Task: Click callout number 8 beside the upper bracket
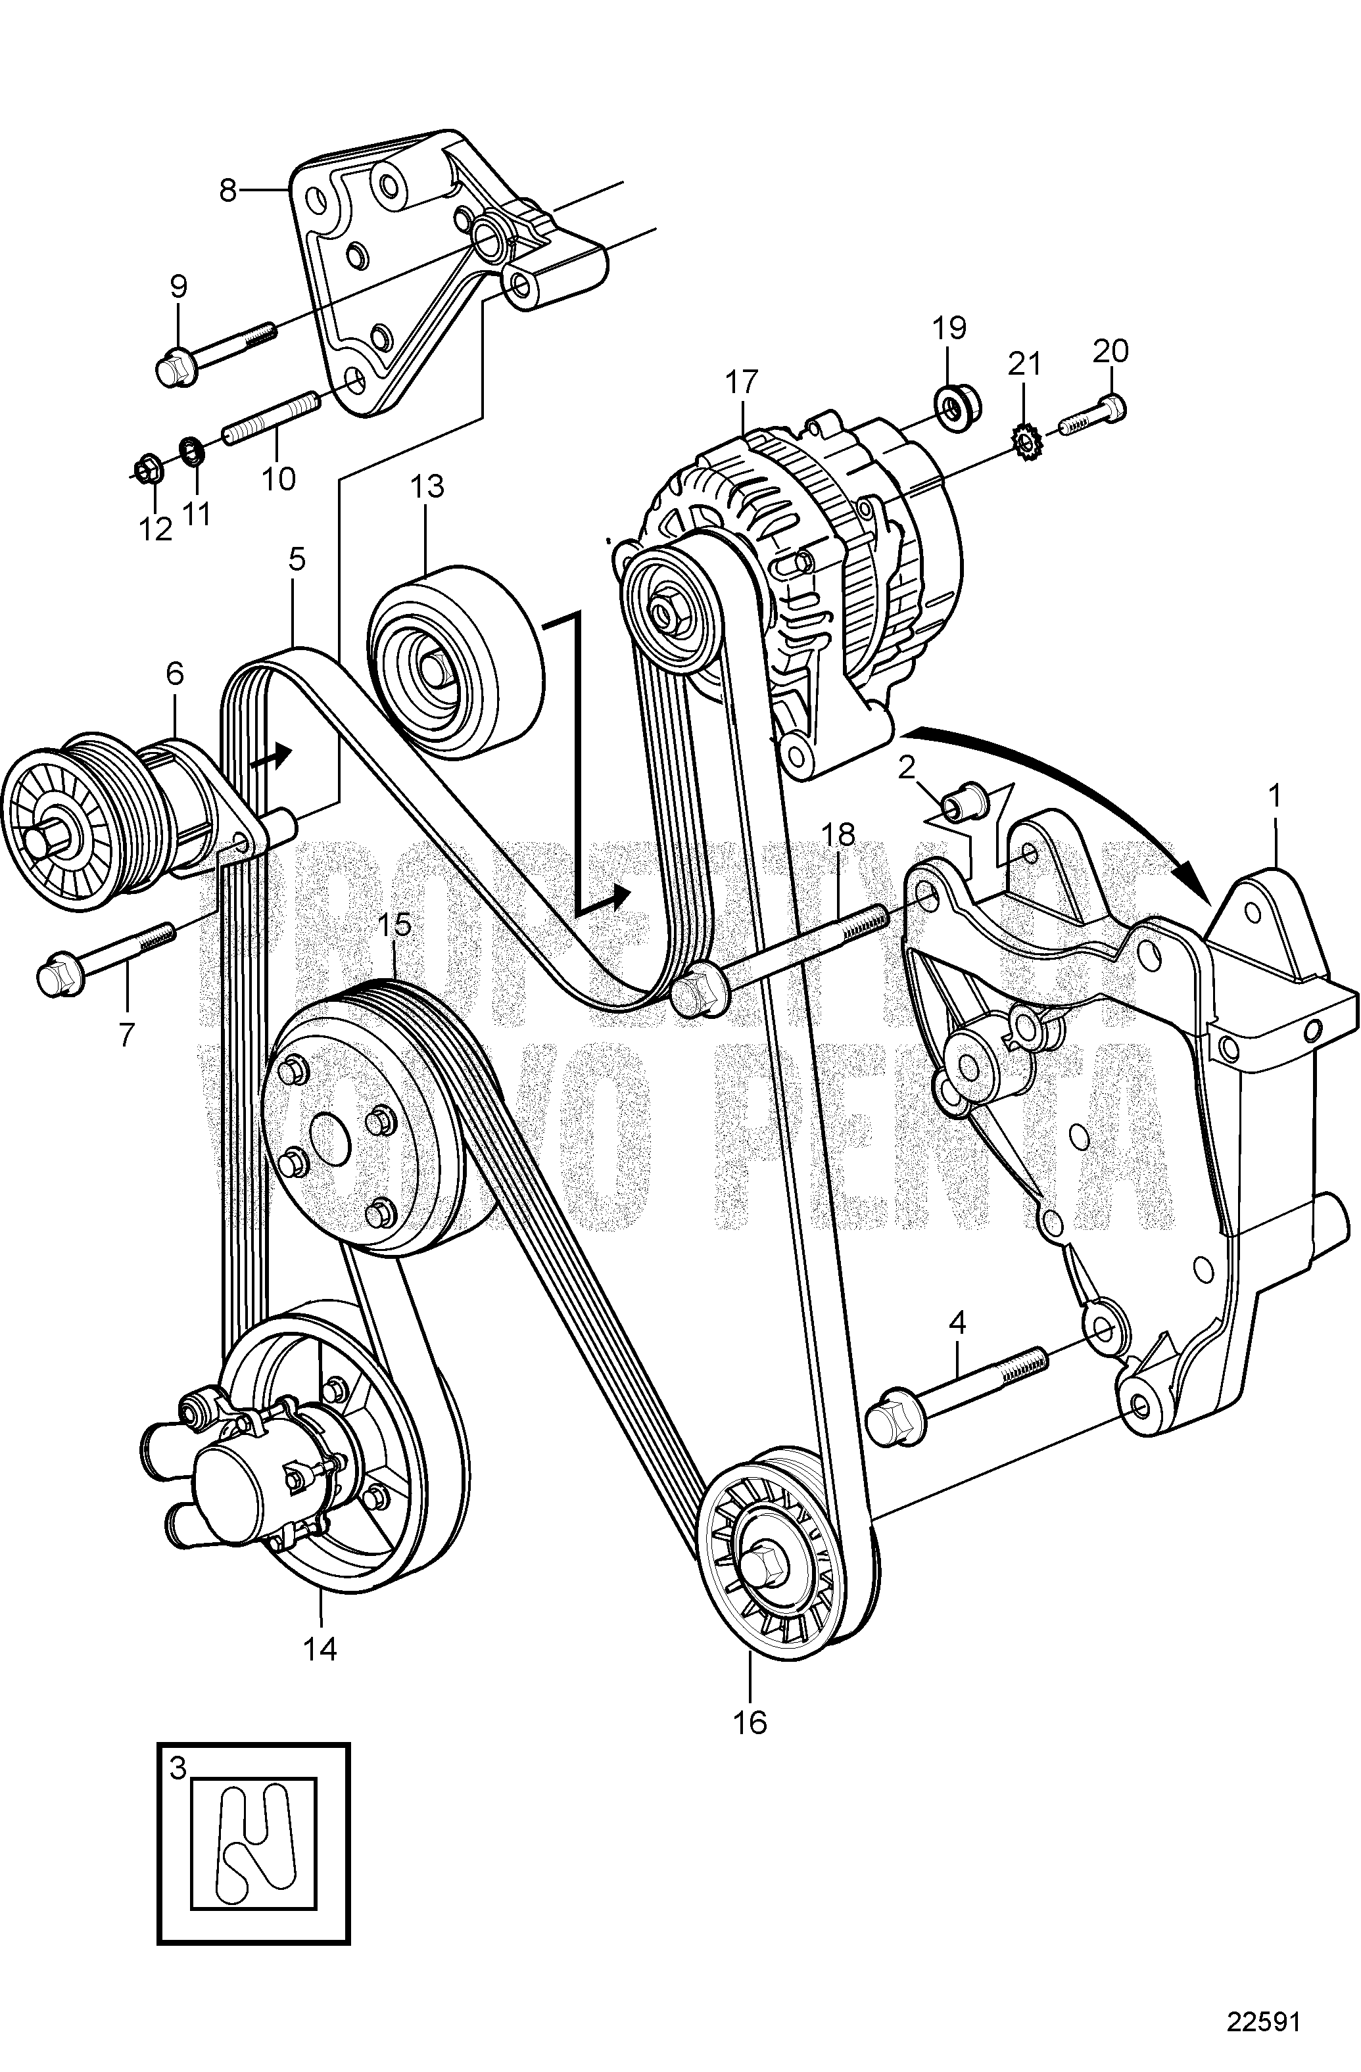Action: point(228,190)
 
